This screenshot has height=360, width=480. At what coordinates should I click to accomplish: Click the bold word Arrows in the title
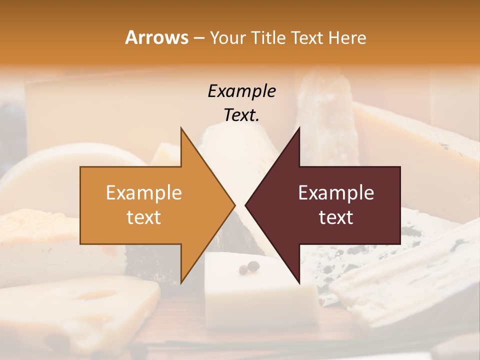point(156,37)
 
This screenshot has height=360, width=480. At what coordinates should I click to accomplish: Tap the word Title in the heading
point(270,37)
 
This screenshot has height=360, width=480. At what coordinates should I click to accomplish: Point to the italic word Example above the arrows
point(241,91)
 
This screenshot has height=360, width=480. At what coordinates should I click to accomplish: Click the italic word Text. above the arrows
point(241,115)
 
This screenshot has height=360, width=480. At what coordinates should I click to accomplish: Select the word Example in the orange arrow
point(144,193)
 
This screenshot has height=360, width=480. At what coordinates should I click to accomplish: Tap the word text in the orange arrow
point(144,217)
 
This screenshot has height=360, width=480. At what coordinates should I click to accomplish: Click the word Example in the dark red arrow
point(336,193)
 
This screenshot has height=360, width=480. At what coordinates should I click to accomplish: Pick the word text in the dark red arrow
point(336,217)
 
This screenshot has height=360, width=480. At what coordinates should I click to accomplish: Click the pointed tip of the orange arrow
point(234,205)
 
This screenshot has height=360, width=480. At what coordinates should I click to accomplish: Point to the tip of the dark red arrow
point(246,205)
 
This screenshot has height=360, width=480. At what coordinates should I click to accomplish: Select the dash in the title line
point(198,38)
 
